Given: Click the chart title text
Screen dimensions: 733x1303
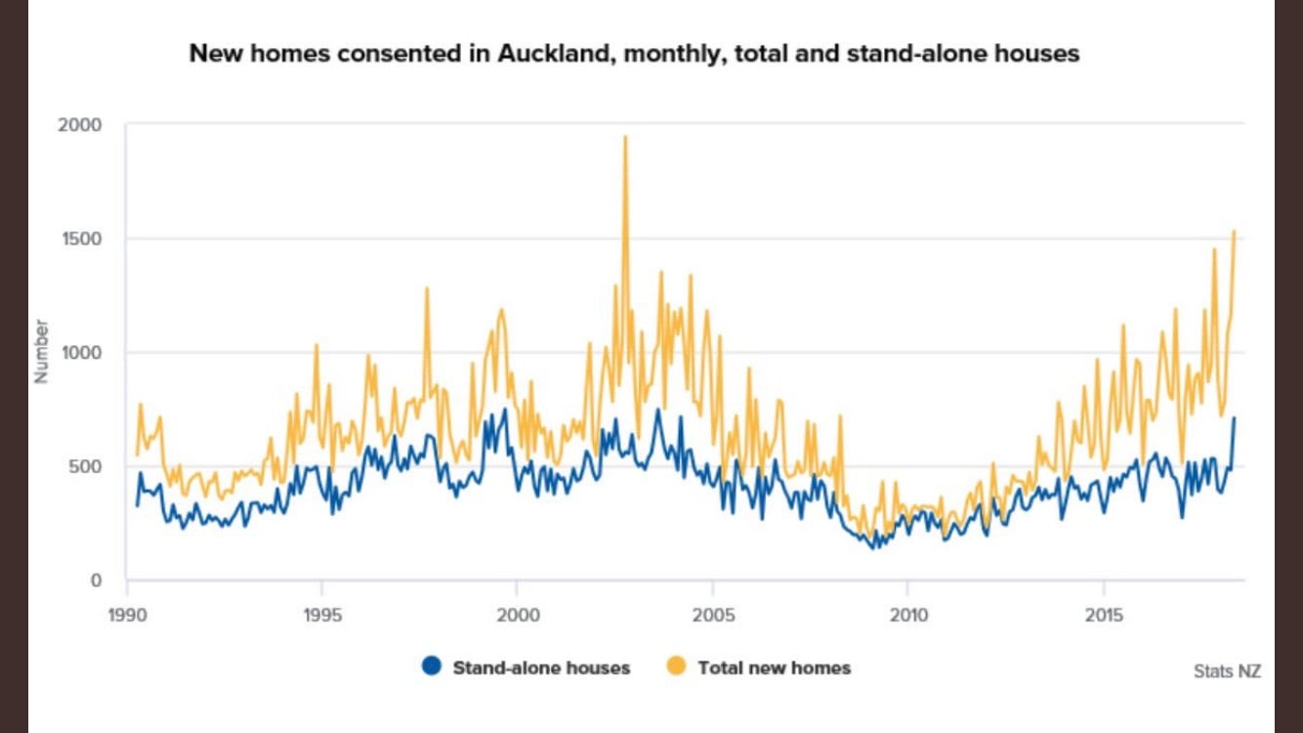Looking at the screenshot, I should click(x=634, y=53).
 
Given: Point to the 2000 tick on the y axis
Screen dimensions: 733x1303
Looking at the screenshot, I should click(x=81, y=125).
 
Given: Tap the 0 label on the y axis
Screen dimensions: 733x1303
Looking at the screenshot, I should click(x=96, y=581).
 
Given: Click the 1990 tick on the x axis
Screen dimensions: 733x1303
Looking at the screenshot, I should click(x=127, y=617).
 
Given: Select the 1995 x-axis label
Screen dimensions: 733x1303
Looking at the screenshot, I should click(x=322, y=617).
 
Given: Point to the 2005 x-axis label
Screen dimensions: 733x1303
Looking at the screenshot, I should click(x=713, y=617).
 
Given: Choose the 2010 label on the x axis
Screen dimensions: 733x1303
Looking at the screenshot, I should click(x=908, y=617).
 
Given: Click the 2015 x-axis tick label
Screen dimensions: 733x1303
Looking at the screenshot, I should click(x=1104, y=617).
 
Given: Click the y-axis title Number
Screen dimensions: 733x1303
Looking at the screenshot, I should click(x=41, y=351).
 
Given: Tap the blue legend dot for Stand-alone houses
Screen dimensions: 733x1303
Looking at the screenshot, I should click(x=431, y=668).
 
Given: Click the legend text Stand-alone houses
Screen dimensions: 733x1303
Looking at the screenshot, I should click(x=541, y=668).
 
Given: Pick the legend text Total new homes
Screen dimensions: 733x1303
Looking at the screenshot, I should click(x=774, y=668).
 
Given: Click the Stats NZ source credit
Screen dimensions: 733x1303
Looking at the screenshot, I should click(x=1227, y=671).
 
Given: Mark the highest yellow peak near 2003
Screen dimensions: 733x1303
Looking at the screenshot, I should click(x=625, y=138).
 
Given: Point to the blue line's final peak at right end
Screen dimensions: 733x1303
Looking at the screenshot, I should click(x=1234, y=418).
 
